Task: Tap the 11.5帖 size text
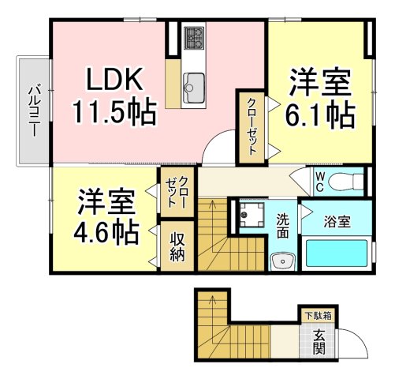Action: (114, 112)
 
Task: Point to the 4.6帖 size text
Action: (107, 232)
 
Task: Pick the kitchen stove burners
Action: (194, 38)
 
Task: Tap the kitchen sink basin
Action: (194, 82)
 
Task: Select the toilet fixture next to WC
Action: (346, 180)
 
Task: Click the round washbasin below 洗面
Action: (281, 261)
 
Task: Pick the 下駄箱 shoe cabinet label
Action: (318, 315)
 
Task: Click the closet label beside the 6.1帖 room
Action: (252, 126)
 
